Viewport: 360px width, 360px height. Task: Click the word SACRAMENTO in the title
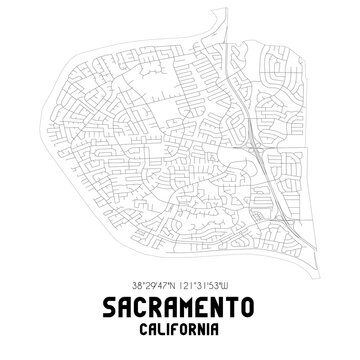pos(180,301)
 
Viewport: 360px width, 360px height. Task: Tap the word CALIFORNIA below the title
pos(180,325)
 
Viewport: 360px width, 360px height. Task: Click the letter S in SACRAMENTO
pos(107,301)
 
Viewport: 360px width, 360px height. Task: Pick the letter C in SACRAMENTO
pos(140,301)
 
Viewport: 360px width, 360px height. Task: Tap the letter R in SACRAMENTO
pos(157,301)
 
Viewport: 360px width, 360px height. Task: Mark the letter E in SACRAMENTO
pos(207,301)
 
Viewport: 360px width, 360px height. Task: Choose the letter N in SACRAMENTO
pos(223,301)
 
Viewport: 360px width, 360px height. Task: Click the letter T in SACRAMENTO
pos(238,301)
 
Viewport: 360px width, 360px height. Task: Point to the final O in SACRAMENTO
pos(254,301)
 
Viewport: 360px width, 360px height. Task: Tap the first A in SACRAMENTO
pos(123,301)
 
